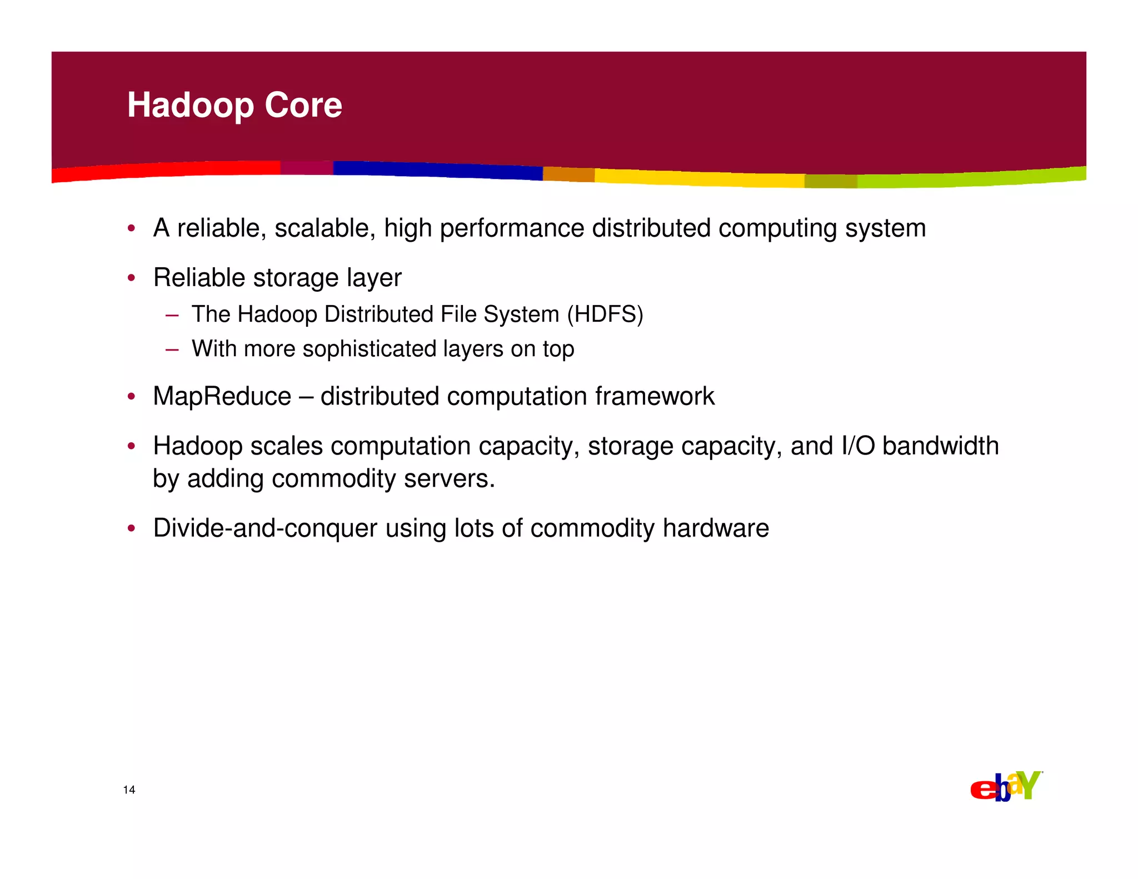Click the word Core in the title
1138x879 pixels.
pos(303,106)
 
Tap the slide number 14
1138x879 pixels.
pos(129,790)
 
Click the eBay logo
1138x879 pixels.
pos(1005,786)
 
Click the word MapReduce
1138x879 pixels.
pos(222,397)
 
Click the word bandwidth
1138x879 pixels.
pos(940,446)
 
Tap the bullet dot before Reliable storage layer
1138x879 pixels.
pos(131,278)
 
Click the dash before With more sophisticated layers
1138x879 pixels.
pos(172,349)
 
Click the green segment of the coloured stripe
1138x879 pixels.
pos(972,178)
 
